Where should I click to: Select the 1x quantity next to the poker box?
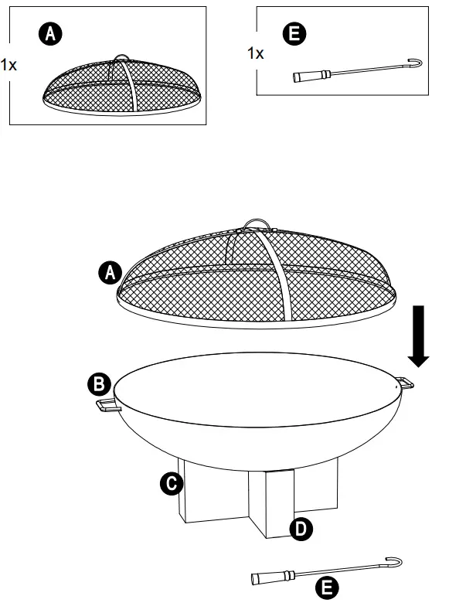click(255, 53)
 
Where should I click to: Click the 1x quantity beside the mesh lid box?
click(9, 64)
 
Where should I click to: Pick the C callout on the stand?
click(170, 484)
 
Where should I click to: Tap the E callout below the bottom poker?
click(328, 588)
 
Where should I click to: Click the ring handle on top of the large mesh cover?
click(257, 224)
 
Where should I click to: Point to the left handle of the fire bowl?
click(106, 405)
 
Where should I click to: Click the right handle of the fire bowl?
click(405, 382)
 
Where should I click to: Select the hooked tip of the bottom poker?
click(395, 561)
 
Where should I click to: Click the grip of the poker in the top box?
click(311, 75)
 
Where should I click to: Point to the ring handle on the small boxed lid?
click(120, 60)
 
